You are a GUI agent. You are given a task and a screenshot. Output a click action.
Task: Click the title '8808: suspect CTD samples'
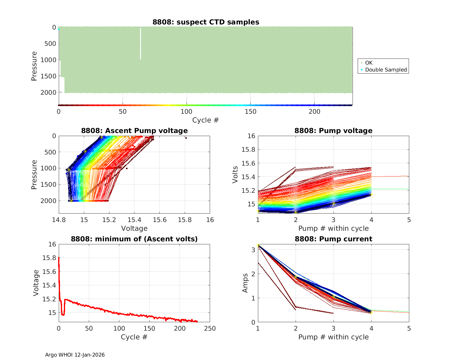click(x=206, y=22)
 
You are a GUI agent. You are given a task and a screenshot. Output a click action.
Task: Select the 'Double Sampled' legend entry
click(x=386, y=70)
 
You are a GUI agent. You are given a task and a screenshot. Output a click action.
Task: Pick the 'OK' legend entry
click(x=369, y=63)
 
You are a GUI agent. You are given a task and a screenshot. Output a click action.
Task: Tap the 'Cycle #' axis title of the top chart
click(x=206, y=120)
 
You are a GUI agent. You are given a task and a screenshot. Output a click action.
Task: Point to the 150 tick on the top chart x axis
click(x=251, y=112)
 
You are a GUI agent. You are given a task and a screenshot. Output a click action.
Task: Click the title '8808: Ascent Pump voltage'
click(x=134, y=131)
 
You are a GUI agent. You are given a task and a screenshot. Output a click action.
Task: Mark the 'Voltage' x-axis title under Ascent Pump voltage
click(x=134, y=228)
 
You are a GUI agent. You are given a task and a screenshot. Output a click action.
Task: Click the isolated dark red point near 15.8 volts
click(x=186, y=138)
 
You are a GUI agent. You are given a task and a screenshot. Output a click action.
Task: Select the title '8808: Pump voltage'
click(x=333, y=131)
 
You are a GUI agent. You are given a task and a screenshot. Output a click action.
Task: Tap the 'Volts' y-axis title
click(x=235, y=174)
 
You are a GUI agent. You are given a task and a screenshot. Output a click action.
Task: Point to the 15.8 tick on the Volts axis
click(x=249, y=150)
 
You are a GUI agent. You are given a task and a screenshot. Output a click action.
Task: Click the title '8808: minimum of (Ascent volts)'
click(x=134, y=239)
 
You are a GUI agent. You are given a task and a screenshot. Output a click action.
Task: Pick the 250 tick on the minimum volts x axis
click(x=210, y=329)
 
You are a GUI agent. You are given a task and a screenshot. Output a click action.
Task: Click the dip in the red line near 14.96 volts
click(x=63, y=315)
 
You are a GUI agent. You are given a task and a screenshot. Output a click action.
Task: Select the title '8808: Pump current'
click(x=333, y=239)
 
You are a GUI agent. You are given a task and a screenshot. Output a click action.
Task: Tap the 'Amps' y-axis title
click(x=246, y=283)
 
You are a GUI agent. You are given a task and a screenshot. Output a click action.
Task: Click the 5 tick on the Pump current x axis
click(x=409, y=329)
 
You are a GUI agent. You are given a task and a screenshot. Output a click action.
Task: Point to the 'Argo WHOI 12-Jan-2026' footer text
click(x=75, y=355)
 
